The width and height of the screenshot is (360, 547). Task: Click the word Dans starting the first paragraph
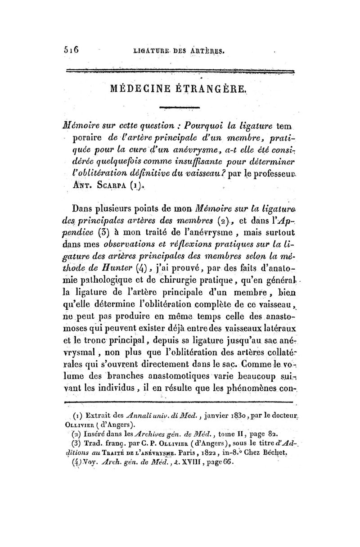pyautogui.click(x=86, y=209)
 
